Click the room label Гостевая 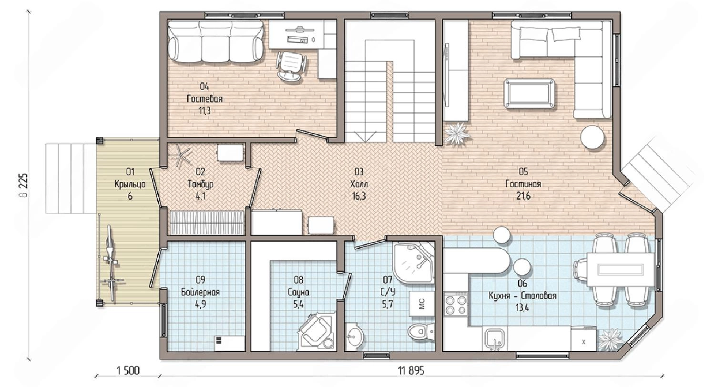(204, 99)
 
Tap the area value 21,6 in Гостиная (523, 196)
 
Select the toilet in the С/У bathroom (421, 331)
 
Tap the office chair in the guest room (291, 66)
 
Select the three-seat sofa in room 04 (216, 41)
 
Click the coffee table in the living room (529, 93)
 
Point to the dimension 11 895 (411, 371)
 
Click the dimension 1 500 (128, 371)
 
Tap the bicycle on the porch (111, 263)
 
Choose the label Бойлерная (200, 292)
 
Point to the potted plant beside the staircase (458, 134)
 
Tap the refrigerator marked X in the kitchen (583, 338)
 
